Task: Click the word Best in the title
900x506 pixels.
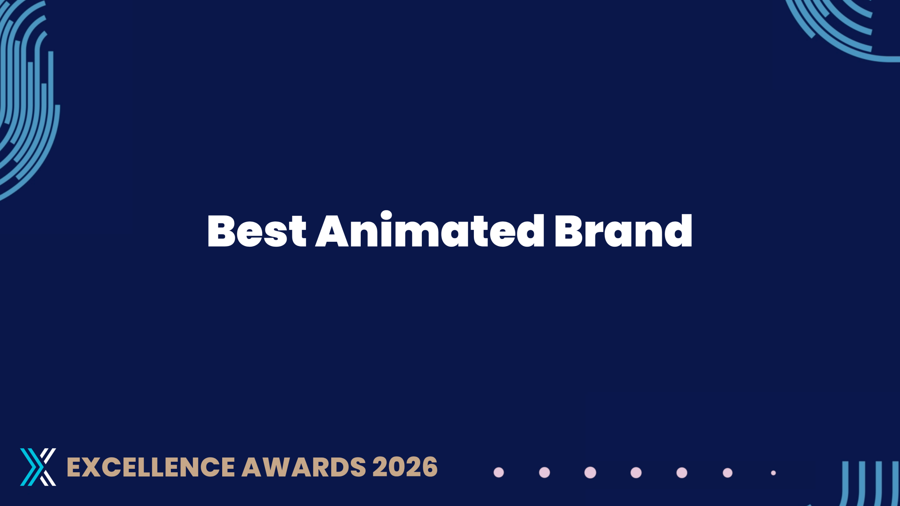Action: (x=257, y=231)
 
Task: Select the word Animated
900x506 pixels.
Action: (x=430, y=229)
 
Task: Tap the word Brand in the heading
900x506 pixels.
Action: (x=623, y=231)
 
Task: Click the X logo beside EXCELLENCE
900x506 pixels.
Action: (x=38, y=467)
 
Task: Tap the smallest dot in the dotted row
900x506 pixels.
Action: (x=773, y=473)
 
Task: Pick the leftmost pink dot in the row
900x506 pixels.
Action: (x=499, y=473)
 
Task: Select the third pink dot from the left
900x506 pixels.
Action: (x=590, y=473)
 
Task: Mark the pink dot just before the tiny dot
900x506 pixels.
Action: (x=727, y=473)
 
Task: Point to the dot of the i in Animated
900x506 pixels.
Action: (x=386, y=215)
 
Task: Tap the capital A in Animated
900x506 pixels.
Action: (x=332, y=231)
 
